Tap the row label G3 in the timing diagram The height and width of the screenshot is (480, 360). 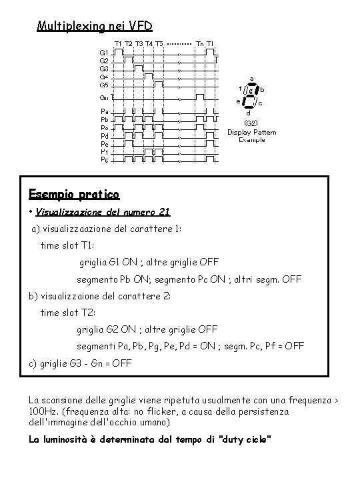point(105,69)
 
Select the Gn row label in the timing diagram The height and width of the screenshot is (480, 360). point(105,98)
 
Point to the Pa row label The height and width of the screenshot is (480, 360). point(105,111)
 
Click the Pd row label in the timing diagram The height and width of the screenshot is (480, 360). point(105,135)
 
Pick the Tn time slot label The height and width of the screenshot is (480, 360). point(200,43)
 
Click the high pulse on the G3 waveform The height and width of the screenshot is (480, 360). point(139,67)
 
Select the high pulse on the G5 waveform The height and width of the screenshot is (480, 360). point(159,83)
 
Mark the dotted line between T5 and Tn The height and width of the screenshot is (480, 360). point(179,43)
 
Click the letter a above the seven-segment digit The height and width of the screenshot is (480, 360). point(251,78)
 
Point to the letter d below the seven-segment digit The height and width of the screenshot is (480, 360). point(249,113)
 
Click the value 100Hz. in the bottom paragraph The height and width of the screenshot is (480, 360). point(45,412)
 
